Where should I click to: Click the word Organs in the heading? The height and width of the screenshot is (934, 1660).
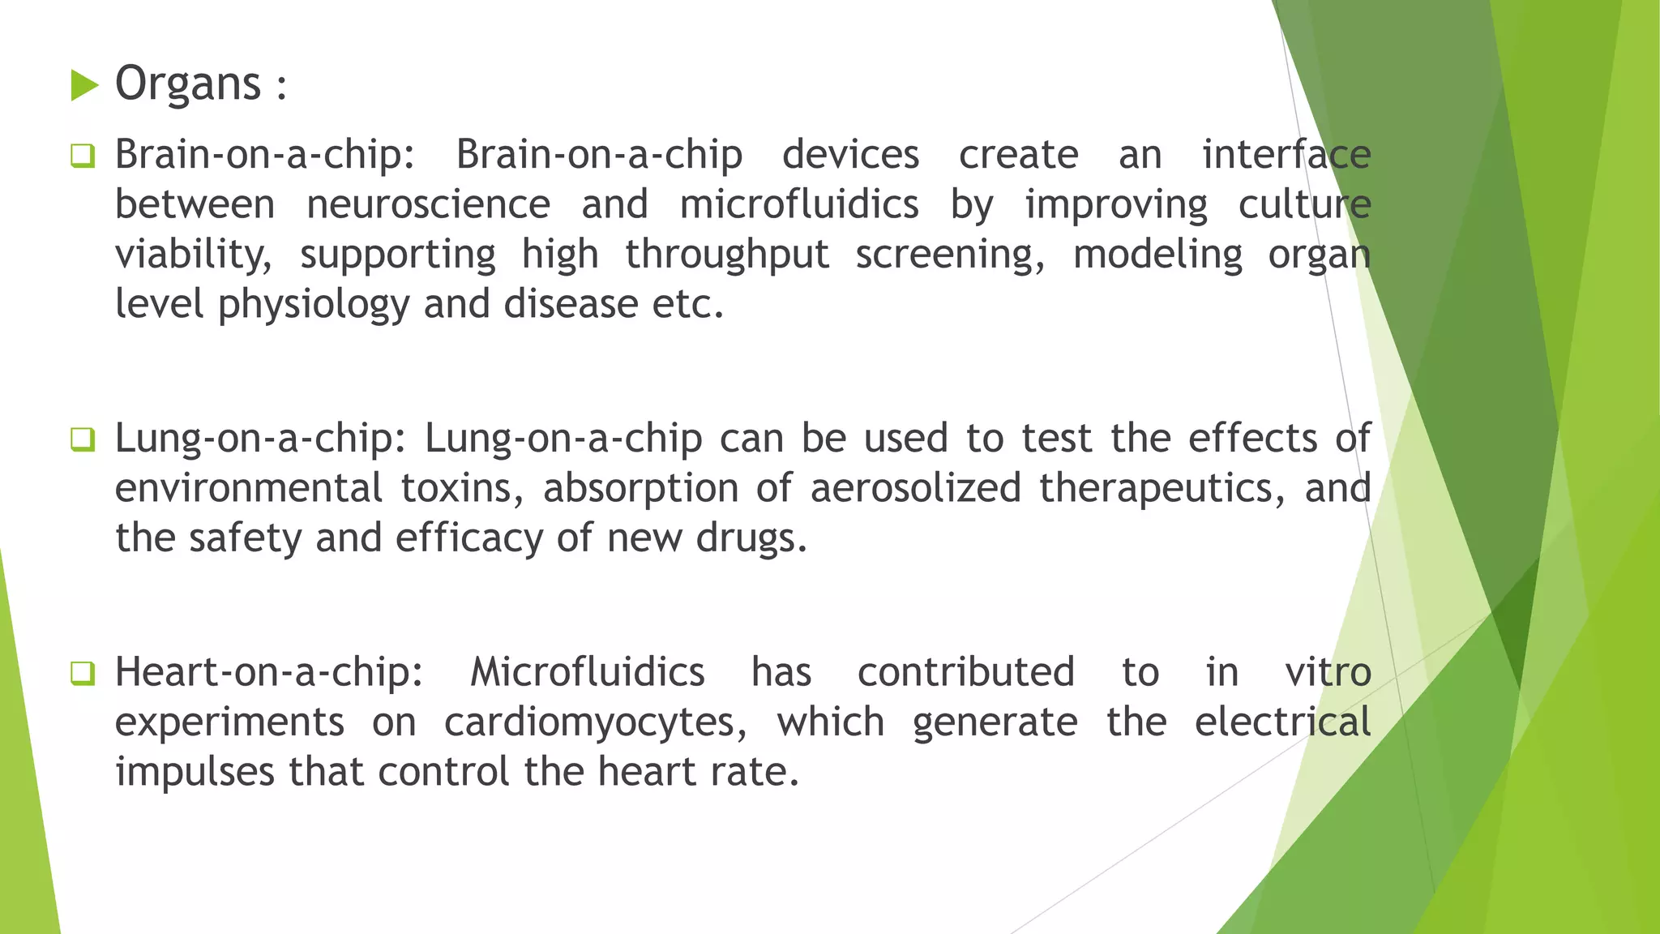(x=188, y=84)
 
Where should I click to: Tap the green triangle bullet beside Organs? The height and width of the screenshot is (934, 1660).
(x=84, y=85)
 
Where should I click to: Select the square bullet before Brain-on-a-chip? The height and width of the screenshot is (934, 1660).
(x=83, y=155)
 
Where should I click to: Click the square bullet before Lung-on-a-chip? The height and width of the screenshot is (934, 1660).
(x=83, y=439)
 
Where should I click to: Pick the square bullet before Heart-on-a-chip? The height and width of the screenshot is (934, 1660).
(x=83, y=672)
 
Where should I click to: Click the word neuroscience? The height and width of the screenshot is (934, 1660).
(x=428, y=204)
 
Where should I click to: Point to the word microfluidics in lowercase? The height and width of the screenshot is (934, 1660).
(x=798, y=204)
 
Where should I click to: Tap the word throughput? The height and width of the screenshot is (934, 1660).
(x=727, y=255)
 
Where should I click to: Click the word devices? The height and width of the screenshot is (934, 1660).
(x=850, y=154)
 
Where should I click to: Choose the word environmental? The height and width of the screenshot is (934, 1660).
(x=248, y=488)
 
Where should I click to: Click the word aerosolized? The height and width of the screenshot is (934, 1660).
(x=915, y=488)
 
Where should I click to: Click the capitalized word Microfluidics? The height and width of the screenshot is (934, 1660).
(x=587, y=672)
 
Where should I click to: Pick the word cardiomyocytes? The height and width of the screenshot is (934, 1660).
(x=596, y=722)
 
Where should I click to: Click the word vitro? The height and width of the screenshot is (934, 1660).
(x=1328, y=672)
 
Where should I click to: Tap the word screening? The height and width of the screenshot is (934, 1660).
(x=951, y=255)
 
